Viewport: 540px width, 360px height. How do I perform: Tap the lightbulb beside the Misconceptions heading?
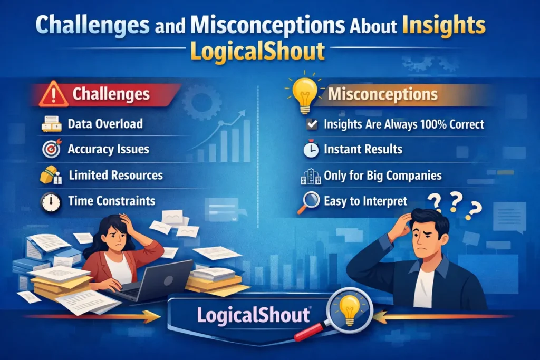[305, 94]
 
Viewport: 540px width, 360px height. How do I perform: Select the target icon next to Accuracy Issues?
[51, 149]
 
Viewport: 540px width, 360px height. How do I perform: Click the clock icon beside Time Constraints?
[51, 201]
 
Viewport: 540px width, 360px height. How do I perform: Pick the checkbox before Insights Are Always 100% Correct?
[312, 124]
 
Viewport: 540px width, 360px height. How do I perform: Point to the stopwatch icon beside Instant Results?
[311, 150]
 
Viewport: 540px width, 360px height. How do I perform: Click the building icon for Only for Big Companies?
[311, 176]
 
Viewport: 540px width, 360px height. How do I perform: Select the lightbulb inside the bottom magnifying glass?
[349, 309]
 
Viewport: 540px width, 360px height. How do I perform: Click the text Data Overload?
[105, 124]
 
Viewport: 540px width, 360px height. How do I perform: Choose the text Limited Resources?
[115, 175]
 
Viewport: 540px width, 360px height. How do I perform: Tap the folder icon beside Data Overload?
[52, 124]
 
